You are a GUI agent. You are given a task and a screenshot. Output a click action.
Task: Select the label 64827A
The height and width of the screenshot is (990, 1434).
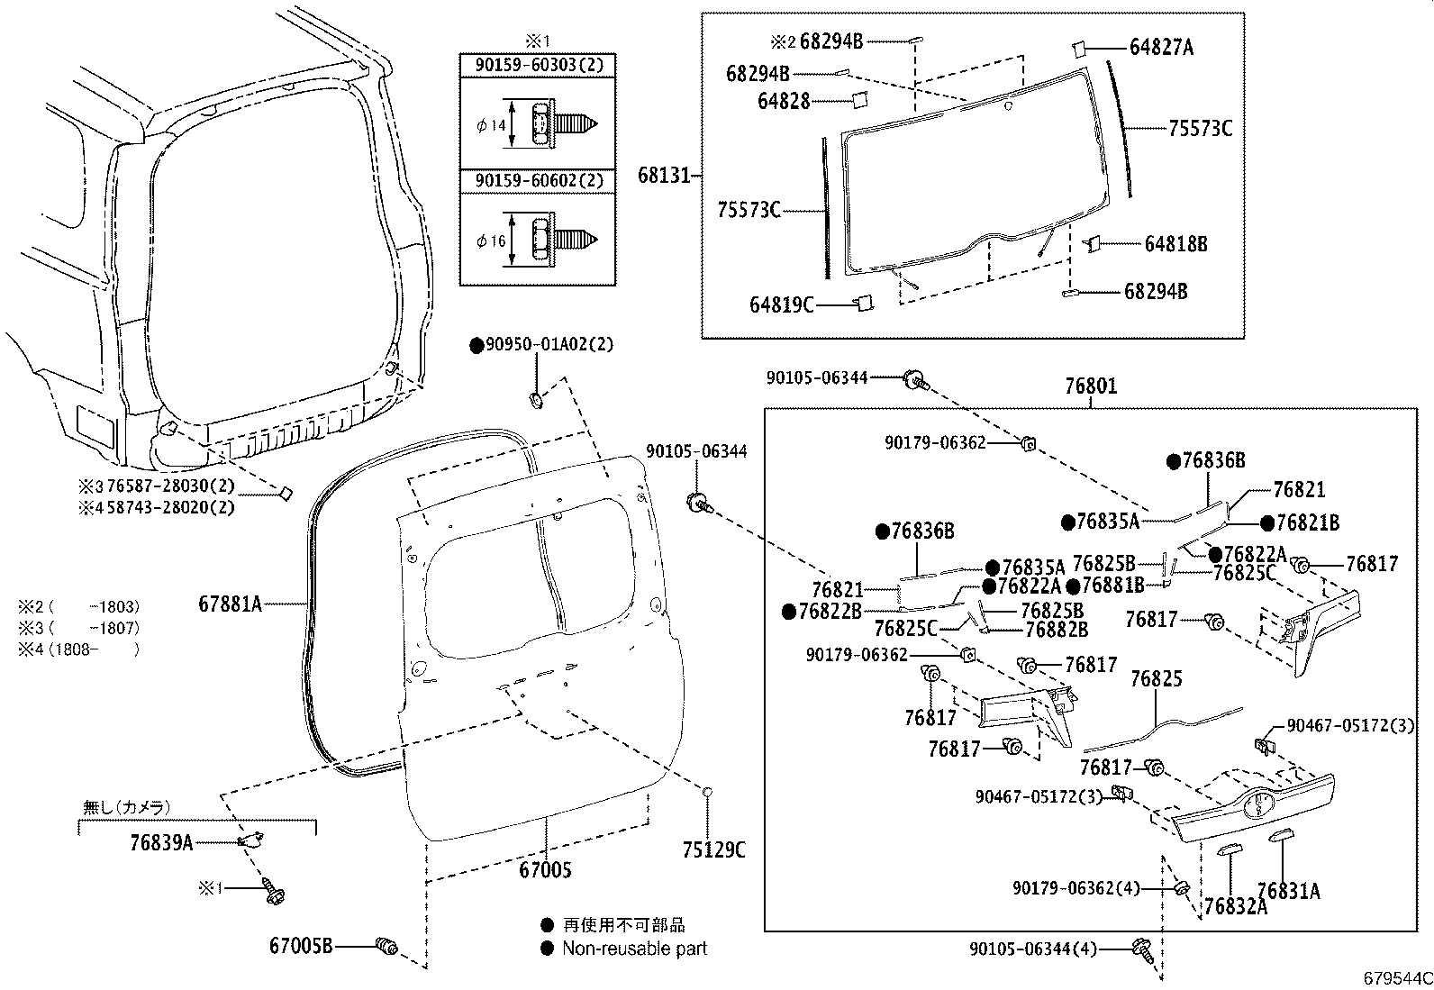pyautogui.click(x=1161, y=48)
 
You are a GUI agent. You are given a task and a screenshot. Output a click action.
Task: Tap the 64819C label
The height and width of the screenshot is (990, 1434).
pyautogui.click(x=781, y=305)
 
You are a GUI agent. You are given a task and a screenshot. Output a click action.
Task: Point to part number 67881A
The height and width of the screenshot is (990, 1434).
pyautogui.click(x=230, y=604)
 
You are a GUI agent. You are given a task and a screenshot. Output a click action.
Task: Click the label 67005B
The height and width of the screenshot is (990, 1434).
pyautogui.click(x=301, y=945)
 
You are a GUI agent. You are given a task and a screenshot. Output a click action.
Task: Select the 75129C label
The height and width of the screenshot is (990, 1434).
pyautogui.click(x=713, y=849)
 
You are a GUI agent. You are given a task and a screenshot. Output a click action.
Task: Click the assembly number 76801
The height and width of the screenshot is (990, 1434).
pyautogui.click(x=1091, y=386)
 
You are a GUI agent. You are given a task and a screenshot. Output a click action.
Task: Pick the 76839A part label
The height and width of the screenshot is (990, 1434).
pyautogui.click(x=161, y=842)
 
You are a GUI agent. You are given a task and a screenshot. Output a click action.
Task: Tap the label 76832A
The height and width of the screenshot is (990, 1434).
pyautogui.click(x=1235, y=907)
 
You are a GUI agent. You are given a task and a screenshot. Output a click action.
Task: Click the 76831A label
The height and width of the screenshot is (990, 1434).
pyautogui.click(x=1288, y=891)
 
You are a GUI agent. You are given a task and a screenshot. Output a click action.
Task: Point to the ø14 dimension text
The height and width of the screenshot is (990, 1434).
pyautogui.click(x=492, y=125)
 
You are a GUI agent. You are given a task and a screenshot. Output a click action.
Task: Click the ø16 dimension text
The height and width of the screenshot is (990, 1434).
pyautogui.click(x=492, y=241)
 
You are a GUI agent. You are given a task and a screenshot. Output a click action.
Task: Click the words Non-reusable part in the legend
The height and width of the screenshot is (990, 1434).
pyautogui.click(x=634, y=949)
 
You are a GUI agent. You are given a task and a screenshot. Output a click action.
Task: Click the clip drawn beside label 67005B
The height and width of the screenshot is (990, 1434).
pyautogui.click(x=388, y=946)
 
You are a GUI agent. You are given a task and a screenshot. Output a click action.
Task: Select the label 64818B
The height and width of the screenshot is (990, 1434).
pyautogui.click(x=1175, y=244)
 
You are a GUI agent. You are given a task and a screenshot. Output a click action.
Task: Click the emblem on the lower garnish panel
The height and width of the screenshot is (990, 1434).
pyautogui.click(x=1257, y=804)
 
